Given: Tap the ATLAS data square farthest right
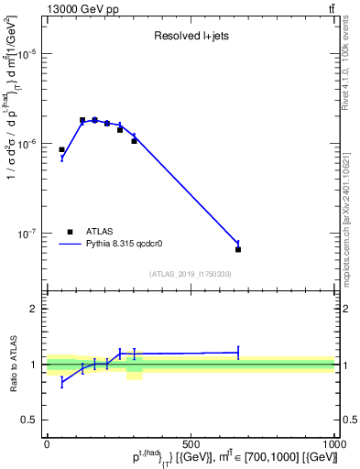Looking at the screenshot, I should pos(238,249).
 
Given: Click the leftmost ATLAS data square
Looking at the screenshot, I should pos(61,149).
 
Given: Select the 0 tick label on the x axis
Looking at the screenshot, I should pos(47,444).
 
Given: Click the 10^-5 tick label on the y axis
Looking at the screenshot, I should pos(30,54).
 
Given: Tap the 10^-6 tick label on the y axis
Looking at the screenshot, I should pos(30,144).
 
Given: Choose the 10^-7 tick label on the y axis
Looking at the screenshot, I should pos(30,234).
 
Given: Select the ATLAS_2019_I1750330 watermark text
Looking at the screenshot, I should pos(191,274).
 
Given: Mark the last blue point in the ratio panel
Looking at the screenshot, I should pos(238,352).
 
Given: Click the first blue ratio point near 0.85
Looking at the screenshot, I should pos(61,381).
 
